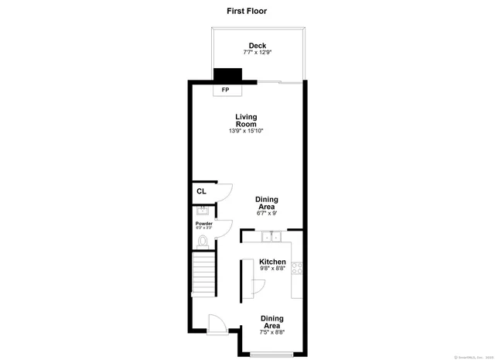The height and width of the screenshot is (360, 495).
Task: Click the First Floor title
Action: click(247, 11)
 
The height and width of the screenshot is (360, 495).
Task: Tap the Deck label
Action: click(258, 46)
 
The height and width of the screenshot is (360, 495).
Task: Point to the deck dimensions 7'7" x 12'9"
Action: click(258, 53)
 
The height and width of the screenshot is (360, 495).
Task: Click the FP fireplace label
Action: click(226, 90)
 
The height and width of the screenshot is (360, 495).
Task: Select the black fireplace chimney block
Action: click(227, 75)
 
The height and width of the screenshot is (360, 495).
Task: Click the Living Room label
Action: click(246, 121)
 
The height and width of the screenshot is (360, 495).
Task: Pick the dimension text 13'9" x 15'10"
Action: click(246, 131)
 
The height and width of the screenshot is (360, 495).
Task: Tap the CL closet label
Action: click(201, 191)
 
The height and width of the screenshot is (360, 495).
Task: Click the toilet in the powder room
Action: click(203, 242)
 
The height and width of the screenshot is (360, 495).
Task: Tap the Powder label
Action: click(203, 224)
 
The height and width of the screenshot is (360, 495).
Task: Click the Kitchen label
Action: click(272, 262)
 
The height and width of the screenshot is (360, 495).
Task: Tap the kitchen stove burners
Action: click(297, 269)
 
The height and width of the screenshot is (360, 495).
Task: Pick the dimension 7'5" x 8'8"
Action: click(271, 332)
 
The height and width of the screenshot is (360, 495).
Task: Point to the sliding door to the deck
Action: click(279, 81)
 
